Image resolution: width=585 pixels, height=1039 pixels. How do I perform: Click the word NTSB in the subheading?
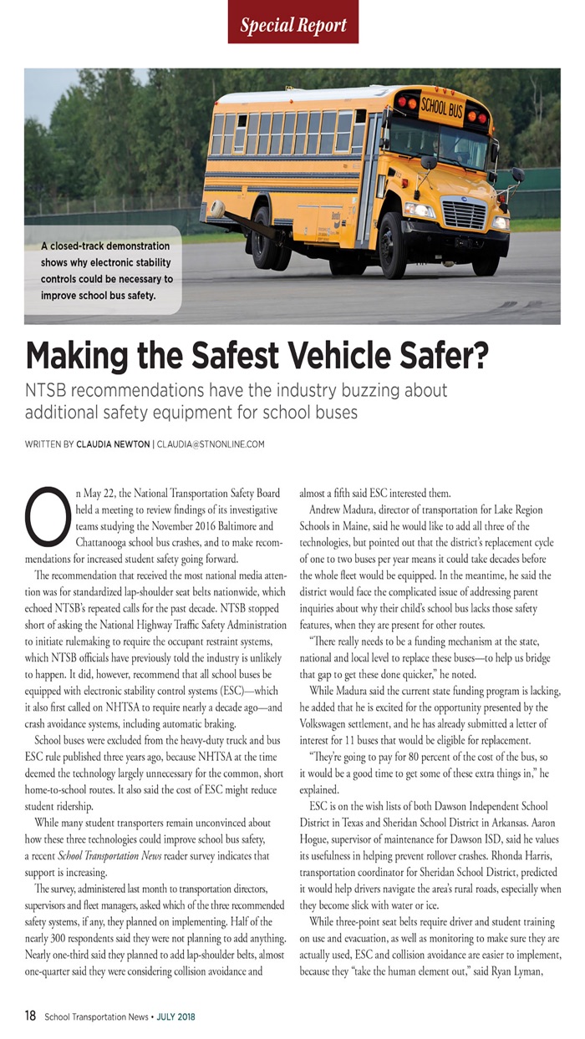(x=50, y=390)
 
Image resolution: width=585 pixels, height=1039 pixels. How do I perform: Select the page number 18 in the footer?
(x=30, y=1016)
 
